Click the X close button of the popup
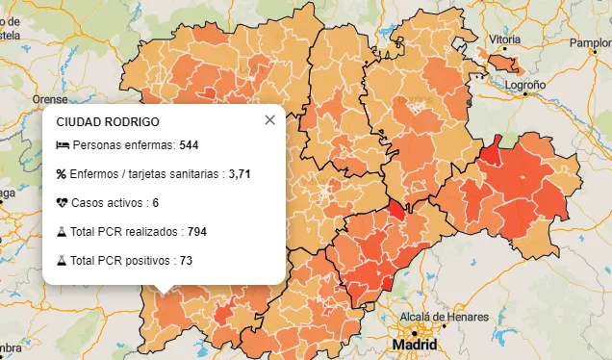pyautogui.click(x=269, y=120)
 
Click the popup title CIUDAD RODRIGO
pyautogui.click(x=108, y=122)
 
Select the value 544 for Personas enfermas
pyautogui.click(x=189, y=145)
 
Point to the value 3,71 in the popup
pyautogui.click(x=240, y=174)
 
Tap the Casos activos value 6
pyautogui.click(x=155, y=203)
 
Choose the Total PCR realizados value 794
pyautogui.click(x=196, y=232)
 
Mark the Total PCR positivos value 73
pyautogui.click(x=186, y=261)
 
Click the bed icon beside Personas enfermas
pyautogui.click(x=63, y=145)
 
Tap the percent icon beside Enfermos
pyautogui.click(x=62, y=174)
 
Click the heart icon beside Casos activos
pyautogui.click(x=63, y=203)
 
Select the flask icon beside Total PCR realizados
pyautogui.click(x=62, y=232)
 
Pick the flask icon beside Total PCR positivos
pyautogui.click(x=62, y=261)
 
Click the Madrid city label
pyautogui.click(x=414, y=345)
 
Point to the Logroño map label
pyautogui.click(x=525, y=85)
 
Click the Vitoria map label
pyautogui.click(x=505, y=39)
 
